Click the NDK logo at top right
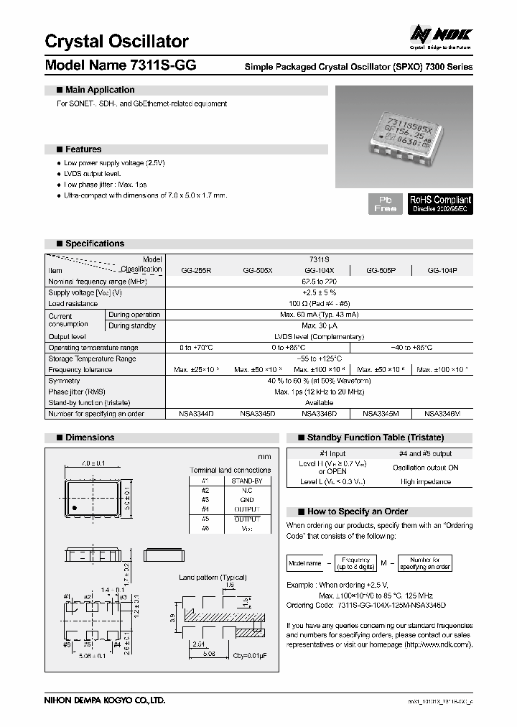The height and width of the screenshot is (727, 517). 439,34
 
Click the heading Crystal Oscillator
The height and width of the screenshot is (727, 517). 116,41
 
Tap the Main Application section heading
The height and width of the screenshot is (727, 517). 99,90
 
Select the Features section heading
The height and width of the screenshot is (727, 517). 83,149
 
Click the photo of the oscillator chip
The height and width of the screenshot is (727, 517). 404,136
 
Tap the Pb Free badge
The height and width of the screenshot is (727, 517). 385,203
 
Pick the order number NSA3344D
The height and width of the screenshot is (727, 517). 196,414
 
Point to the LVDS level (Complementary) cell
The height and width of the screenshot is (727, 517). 319,336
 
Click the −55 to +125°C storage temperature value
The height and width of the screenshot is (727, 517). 319,358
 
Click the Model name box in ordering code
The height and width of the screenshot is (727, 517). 304,562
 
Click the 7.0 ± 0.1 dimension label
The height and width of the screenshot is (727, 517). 93,463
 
